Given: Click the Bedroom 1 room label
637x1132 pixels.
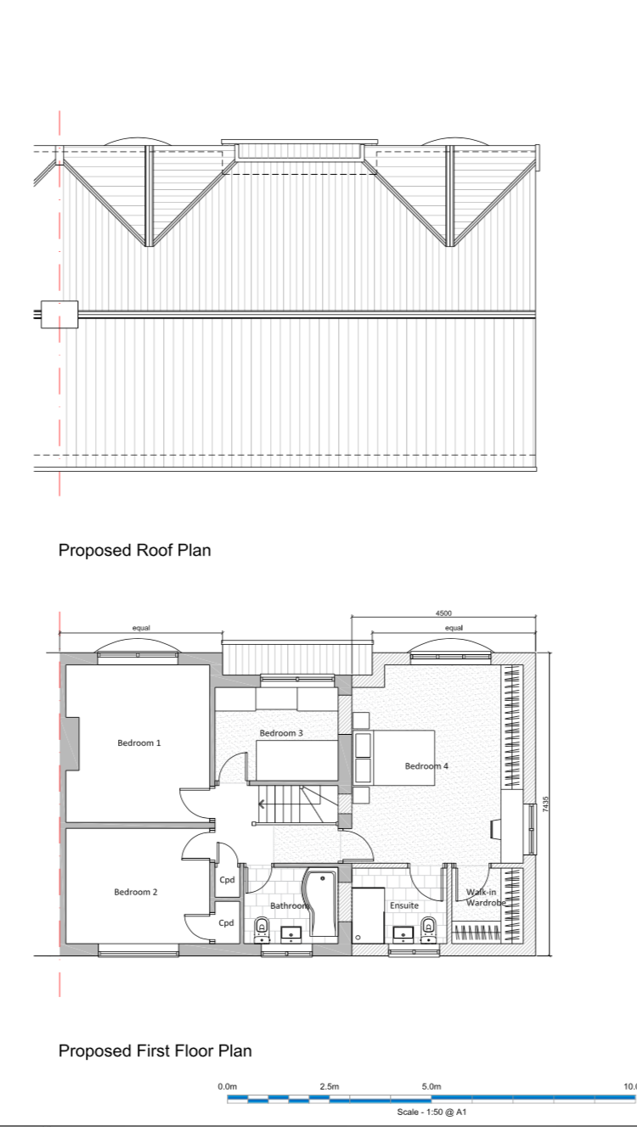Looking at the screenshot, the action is point(138,743).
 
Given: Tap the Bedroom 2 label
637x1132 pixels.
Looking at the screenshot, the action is point(136,892).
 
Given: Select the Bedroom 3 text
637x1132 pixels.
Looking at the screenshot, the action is point(281,733).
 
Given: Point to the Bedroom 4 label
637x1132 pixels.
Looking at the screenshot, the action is point(426,766).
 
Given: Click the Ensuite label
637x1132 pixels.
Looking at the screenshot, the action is point(403,905).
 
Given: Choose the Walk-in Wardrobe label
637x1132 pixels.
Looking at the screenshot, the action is point(486,898).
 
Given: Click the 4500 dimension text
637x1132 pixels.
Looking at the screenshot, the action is point(443,613).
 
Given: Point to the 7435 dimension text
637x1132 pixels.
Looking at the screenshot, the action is point(545,804).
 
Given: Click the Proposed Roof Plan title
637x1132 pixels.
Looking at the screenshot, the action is point(134,550).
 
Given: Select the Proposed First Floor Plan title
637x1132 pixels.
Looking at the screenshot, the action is point(155,1051).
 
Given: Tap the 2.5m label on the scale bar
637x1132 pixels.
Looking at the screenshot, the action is point(330,1086).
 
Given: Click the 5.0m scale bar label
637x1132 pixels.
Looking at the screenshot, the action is point(431,1086).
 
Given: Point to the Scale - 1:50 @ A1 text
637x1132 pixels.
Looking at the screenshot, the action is point(431,1112).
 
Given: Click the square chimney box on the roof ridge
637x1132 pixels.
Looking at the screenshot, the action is point(59,314).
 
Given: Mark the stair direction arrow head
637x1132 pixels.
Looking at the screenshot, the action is point(261,804).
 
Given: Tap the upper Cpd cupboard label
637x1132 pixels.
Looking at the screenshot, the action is point(227,879).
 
